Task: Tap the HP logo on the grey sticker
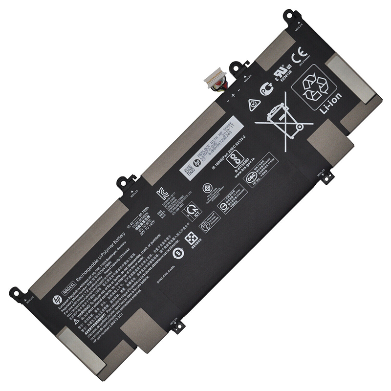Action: pos(196,166)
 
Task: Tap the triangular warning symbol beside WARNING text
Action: pos(76,321)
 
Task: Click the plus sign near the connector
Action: pos(233,95)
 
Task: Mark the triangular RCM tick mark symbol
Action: pos(253,104)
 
